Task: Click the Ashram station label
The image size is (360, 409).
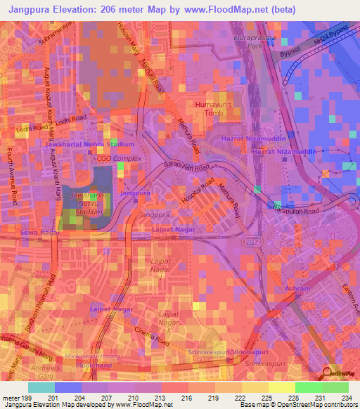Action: point(297,289)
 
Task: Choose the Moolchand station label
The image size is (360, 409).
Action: point(94,366)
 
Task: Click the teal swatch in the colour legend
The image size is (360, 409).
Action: point(41,387)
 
